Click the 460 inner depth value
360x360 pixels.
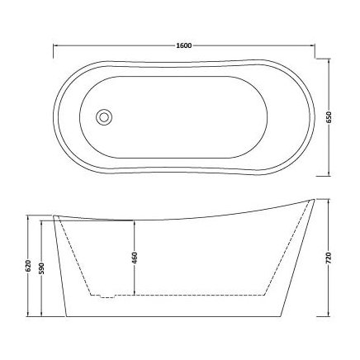[132, 257]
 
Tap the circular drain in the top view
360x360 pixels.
[103, 118]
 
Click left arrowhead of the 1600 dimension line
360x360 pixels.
[54, 50]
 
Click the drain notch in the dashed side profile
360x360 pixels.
[100, 295]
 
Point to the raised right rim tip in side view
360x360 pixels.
[315, 200]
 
